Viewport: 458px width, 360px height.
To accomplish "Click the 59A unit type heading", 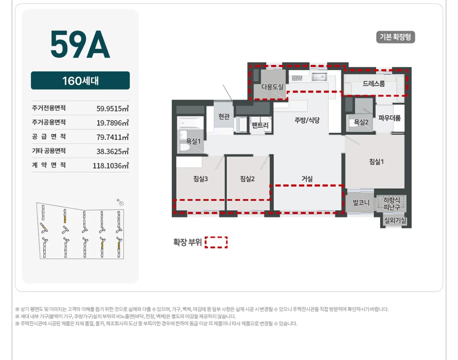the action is (x=80, y=44).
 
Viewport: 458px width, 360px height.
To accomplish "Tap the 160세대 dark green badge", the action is (x=80, y=80).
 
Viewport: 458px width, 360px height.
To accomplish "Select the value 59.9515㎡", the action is (x=112, y=109).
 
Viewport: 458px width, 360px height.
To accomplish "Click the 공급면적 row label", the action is (x=49, y=136).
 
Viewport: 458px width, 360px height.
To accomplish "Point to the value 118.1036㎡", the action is (x=111, y=166).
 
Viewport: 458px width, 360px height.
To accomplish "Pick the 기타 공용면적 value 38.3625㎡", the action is (x=112, y=151).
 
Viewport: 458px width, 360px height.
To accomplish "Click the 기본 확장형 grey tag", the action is (x=395, y=37).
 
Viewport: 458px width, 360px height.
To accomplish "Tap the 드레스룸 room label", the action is (x=374, y=83).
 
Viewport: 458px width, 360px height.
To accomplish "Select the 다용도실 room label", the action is (x=272, y=87).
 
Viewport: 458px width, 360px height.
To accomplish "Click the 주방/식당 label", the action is (x=307, y=120).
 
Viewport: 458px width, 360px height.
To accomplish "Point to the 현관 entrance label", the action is (x=224, y=116).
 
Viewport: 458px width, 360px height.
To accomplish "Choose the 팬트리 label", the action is (x=260, y=125).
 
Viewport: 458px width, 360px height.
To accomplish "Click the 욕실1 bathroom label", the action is (x=193, y=141).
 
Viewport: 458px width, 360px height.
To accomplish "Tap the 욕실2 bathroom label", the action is (x=361, y=122).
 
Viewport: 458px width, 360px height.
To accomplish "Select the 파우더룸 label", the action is (x=389, y=118).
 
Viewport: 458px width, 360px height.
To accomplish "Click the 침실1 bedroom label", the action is (x=377, y=162).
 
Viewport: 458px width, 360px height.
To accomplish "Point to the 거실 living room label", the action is (x=307, y=179).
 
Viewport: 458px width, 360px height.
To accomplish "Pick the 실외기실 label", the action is (x=395, y=221).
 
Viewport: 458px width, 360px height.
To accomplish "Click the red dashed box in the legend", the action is (x=216, y=242).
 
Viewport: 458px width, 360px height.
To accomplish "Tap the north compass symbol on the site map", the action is (x=121, y=203).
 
